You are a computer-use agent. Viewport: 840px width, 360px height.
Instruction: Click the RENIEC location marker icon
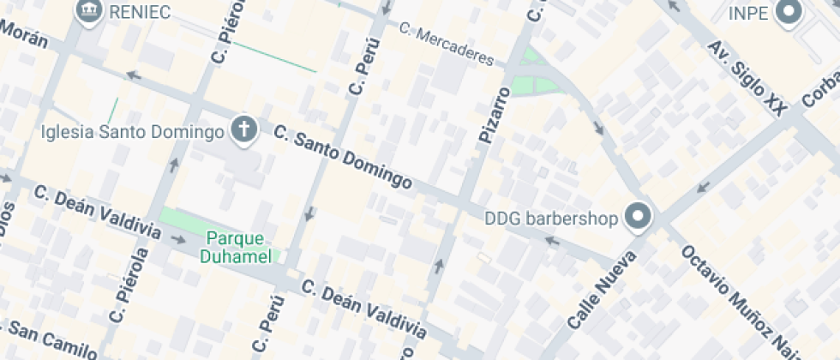[89, 11]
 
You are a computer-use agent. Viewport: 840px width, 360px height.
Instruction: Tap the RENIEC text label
[141, 12]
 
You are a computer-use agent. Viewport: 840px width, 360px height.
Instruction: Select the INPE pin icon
[787, 12]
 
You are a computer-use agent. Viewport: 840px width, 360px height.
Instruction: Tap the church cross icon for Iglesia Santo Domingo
[244, 131]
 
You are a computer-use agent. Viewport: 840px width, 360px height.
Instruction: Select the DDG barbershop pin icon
[638, 218]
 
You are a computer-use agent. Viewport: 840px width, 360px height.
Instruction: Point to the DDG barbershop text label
[552, 219]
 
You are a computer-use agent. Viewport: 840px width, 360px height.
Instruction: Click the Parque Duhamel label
[236, 247]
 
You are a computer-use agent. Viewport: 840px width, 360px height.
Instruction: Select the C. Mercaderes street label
[447, 45]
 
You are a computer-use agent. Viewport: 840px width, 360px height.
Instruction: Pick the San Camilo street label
[51, 339]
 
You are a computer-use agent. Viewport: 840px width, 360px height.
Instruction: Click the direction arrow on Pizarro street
[439, 267]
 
